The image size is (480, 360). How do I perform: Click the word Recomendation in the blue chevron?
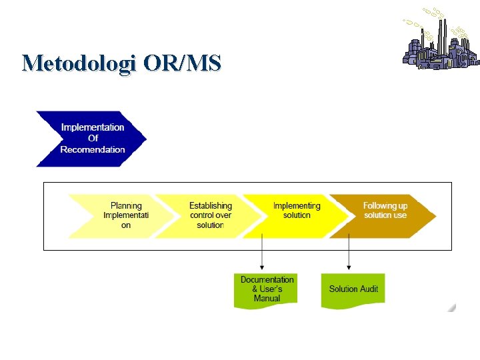point(93,149)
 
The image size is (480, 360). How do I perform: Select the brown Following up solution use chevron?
point(383,216)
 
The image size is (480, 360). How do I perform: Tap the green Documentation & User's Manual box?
point(267,290)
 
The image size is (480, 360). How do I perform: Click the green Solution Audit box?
point(353,290)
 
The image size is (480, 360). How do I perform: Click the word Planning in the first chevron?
point(126,206)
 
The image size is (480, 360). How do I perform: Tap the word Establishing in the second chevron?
point(211,206)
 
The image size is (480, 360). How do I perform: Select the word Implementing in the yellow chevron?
point(297,206)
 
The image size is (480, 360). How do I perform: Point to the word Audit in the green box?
point(369,289)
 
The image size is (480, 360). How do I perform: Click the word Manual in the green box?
point(267,298)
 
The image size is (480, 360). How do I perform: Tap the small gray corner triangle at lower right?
point(452,307)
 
